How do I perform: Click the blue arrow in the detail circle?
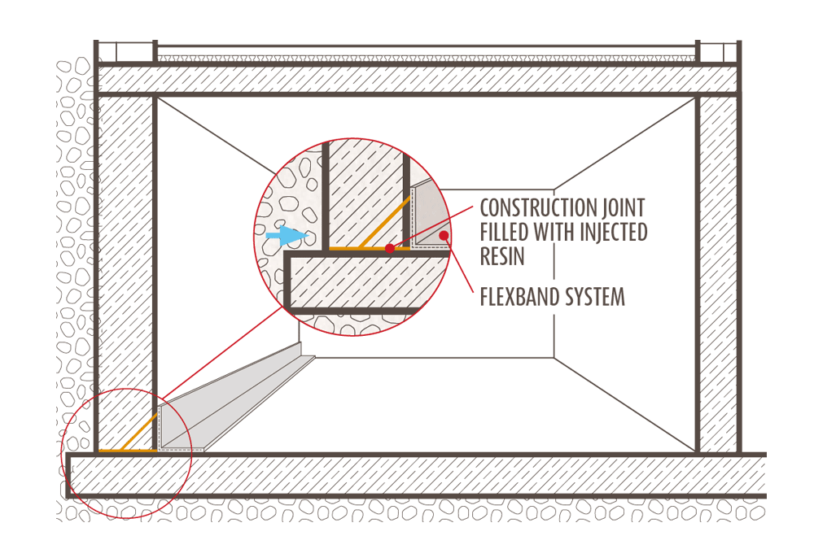coord(286,236)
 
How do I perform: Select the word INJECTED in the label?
coord(608,232)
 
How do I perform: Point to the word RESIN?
coord(501,257)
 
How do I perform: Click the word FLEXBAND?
coord(521,297)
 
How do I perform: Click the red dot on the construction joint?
coord(390,248)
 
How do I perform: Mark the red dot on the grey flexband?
coord(444,236)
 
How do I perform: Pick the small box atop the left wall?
coord(125,52)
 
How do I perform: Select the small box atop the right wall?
coord(718,52)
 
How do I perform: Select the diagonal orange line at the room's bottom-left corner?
coord(147,430)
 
